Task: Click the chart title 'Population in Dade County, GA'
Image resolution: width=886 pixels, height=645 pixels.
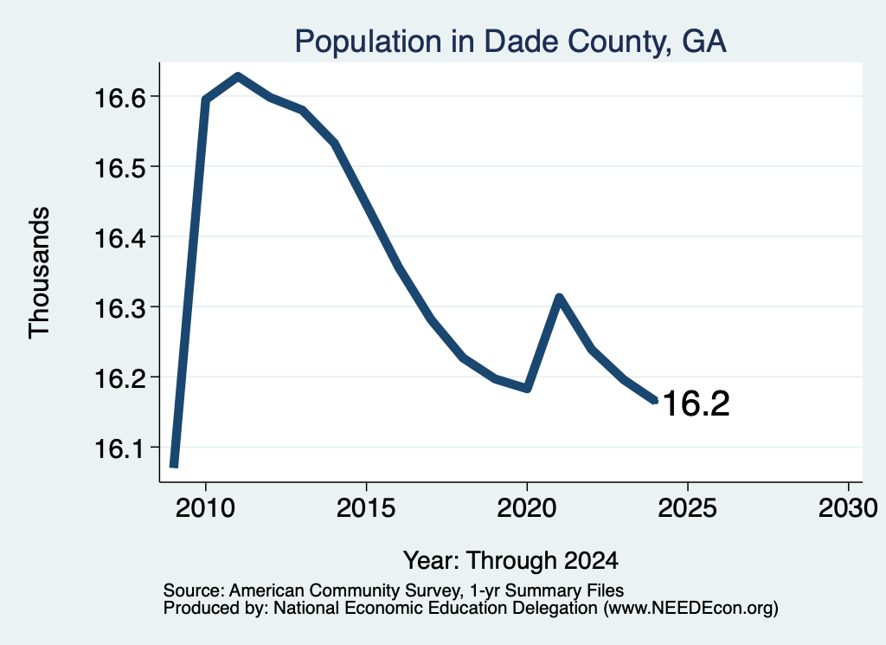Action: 510,42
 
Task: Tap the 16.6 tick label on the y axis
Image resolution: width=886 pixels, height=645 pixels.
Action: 119,98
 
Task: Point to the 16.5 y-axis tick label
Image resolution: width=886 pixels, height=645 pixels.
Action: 119,168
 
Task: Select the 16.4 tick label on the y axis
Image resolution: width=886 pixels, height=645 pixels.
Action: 119,238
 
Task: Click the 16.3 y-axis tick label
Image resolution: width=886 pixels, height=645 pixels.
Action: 119,308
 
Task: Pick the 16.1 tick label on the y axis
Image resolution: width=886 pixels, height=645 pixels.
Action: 119,448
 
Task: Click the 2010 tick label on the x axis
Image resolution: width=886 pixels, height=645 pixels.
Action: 205,507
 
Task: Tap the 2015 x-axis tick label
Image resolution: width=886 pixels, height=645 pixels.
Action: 366,507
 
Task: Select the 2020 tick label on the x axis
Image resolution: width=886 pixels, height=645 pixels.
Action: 527,507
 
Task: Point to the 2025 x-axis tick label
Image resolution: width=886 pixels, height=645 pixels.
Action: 688,507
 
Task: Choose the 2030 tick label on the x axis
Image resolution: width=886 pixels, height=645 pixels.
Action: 848,507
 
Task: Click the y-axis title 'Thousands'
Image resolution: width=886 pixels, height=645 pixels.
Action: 40,273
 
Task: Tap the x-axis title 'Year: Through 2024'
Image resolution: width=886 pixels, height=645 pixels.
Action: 510,561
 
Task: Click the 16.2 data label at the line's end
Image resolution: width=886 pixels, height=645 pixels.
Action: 696,403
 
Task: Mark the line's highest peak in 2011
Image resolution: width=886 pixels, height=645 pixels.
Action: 238,77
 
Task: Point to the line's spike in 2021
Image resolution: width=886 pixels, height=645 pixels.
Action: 559,297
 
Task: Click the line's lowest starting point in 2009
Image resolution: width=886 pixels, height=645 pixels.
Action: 174,465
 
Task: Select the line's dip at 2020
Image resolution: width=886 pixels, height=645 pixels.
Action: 527,389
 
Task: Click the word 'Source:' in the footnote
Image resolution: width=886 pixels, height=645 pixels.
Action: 194,590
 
